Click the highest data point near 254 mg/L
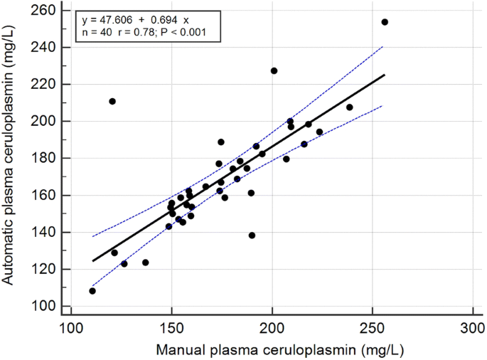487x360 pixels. click(385, 22)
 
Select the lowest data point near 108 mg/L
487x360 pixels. click(92, 291)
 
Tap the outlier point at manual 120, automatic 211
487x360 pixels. click(112, 101)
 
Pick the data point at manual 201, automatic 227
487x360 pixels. click(274, 70)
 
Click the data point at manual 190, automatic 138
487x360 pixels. click(252, 235)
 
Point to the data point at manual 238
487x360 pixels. click(349, 107)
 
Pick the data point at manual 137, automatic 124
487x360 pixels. click(145, 263)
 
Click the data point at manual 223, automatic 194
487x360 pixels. click(319, 132)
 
